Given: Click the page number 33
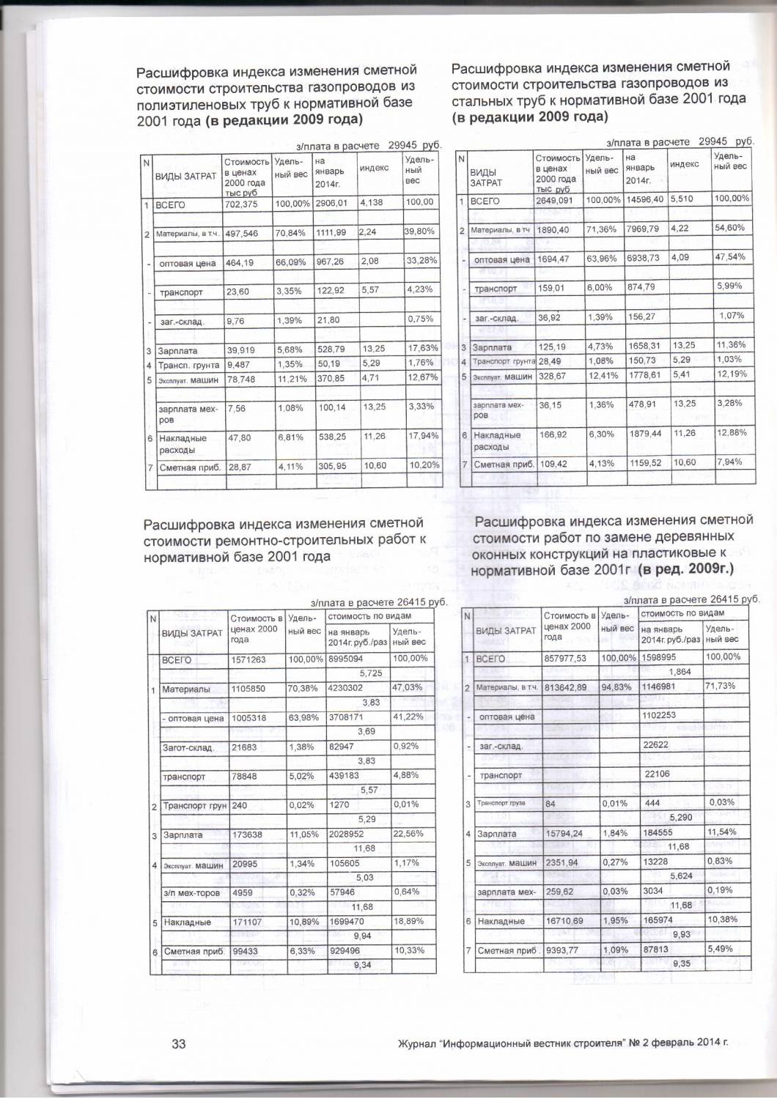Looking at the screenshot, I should click(178, 1044).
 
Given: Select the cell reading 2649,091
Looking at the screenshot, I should click(553, 199).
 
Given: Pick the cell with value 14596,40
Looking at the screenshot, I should click(644, 199).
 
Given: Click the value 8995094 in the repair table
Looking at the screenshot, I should click(347, 659).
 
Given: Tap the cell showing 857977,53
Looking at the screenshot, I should click(567, 659).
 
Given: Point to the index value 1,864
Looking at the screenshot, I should click(681, 672).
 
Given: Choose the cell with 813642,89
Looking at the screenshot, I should click(567, 687).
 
